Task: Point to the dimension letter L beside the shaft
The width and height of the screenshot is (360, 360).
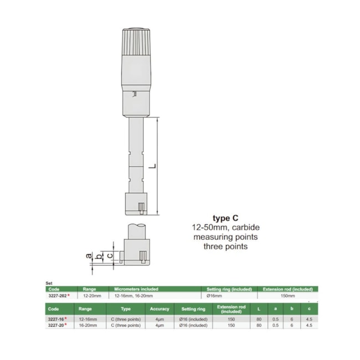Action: point(151,165)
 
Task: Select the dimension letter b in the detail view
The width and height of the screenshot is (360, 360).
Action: point(100,255)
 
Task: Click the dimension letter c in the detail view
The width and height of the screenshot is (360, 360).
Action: point(110,255)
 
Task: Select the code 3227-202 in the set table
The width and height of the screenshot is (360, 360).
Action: point(57,296)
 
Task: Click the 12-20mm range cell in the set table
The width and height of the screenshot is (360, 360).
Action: point(90,296)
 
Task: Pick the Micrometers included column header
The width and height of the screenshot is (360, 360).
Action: point(136,289)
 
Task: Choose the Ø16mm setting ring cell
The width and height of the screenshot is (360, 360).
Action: point(216,296)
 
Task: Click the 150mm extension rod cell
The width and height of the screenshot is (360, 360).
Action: point(287,296)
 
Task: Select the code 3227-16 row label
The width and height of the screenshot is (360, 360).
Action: point(57,319)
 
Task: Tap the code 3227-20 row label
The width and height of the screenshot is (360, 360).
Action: point(57,325)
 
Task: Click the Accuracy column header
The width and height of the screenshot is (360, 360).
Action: point(160,309)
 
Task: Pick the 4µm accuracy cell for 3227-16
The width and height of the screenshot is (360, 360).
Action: point(160,319)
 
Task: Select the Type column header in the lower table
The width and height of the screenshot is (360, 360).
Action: point(126,309)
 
